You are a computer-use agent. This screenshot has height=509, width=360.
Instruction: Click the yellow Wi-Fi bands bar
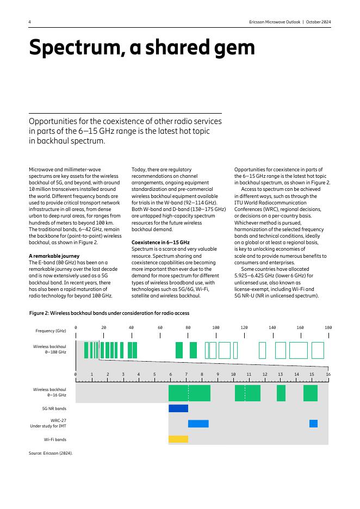(x=178, y=439)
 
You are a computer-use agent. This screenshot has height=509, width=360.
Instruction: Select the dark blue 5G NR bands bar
(x=178, y=408)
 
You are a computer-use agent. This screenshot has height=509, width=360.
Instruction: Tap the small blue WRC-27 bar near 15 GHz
(x=313, y=424)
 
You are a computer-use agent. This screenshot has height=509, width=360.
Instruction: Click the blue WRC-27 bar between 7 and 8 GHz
(x=198, y=424)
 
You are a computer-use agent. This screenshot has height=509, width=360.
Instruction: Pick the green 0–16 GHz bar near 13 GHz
(x=281, y=393)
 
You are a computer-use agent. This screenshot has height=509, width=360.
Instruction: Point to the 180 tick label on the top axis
(x=328, y=327)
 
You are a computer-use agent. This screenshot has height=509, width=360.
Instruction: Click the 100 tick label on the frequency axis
(x=216, y=327)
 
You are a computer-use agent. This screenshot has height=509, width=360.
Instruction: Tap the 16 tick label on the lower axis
(x=328, y=375)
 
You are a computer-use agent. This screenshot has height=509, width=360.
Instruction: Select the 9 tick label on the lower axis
(x=218, y=375)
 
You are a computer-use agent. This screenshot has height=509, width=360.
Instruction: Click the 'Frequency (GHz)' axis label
(x=51, y=331)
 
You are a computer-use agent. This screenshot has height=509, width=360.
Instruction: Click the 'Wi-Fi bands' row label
(x=55, y=439)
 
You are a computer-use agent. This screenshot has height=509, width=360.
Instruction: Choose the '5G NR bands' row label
(x=54, y=408)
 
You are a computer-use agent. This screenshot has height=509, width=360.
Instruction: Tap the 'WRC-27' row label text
(x=58, y=420)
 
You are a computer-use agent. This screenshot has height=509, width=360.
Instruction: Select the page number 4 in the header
(x=30, y=22)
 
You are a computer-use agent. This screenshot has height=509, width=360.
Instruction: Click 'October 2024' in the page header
(x=318, y=22)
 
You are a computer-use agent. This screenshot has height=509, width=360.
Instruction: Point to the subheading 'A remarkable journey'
(x=54, y=256)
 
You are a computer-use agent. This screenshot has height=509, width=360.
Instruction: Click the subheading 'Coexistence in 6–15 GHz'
(x=160, y=242)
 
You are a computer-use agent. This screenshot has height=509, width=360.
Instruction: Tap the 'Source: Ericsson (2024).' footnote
(x=51, y=453)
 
